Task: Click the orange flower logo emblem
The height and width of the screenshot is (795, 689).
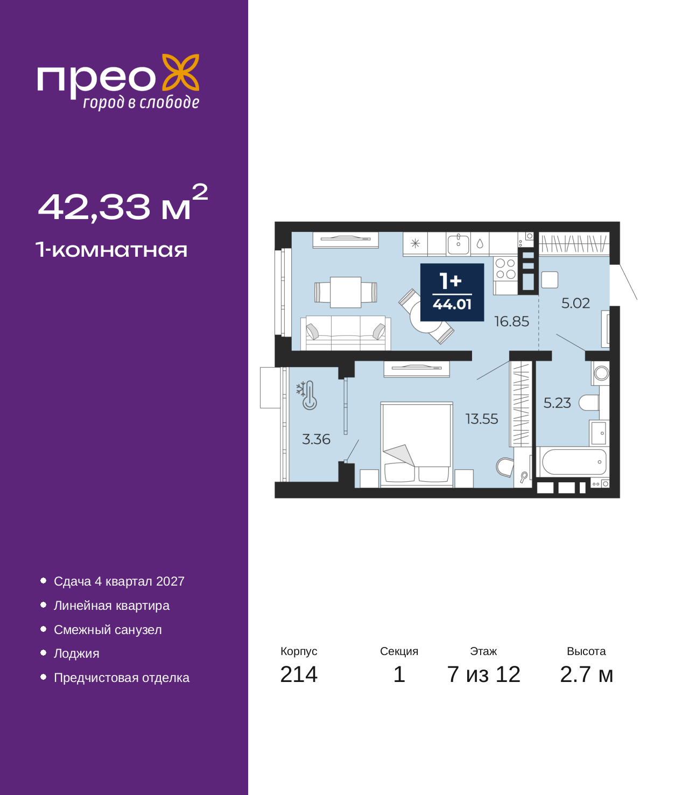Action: pyautogui.click(x=180, y=73)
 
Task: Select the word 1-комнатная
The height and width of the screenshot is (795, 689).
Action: pyautogui.click(x=111, y=250)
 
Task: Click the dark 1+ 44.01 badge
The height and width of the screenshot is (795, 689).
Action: pyautogui.click(x=452, y=292)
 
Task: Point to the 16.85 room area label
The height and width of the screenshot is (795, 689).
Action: pyautogui.click(x=511, y=321)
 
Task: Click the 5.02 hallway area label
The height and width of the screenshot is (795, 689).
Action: pyautogui.click(x=575, y=303)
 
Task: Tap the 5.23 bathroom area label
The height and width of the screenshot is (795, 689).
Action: pyautogui.click(x=557, y=403)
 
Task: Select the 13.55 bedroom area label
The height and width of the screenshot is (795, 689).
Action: pyautogui.click(x=482, y=419)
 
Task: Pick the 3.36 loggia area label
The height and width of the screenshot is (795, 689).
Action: pyautogui.click(x=316, y=439)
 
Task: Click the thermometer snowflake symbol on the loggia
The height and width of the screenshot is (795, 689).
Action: pyautogui.click(x=307, y=395)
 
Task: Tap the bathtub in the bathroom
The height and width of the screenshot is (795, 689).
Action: pyautogui.click(x=574, y=462)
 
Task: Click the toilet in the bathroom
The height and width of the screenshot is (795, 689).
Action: pyautogui.click(x=588, y=403)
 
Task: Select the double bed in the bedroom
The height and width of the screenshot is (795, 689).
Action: pyautogui.click(x=417, y=444)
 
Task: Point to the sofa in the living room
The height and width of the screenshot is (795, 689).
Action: pyautogui.click(x=346, y=333)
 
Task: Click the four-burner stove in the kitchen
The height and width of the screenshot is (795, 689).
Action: pyautogui.click(x=505, y=269)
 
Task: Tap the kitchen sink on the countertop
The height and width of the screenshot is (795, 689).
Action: pyautogui.click(x=458, y=244)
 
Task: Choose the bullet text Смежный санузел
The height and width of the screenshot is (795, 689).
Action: pyautogui.click(x=108, y=630)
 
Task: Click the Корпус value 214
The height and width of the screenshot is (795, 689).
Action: pyautogui.click(x=299, y=674)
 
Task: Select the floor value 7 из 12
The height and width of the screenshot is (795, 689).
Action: pyautogui.click(x=483, y=674)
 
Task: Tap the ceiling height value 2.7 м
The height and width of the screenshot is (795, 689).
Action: pyautogui.click(x=586, y=674)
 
